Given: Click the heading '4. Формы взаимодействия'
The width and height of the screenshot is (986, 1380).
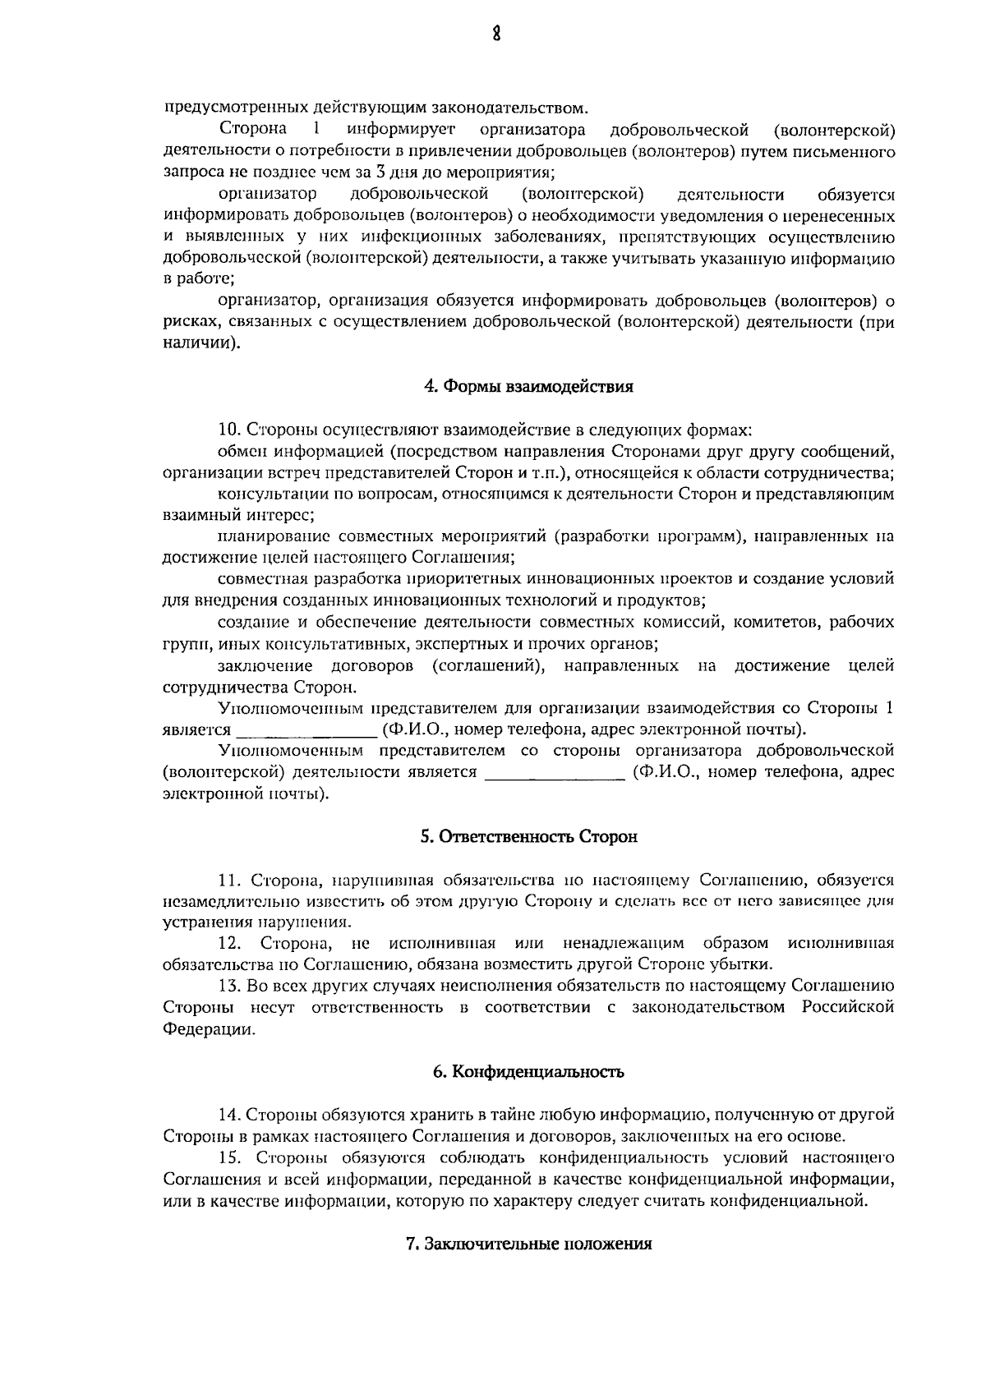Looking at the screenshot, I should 528,386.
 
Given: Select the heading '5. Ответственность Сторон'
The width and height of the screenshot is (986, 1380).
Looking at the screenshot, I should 529,837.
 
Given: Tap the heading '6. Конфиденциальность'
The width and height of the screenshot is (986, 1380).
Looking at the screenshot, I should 529,1072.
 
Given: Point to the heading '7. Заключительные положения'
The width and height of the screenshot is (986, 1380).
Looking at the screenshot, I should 529,1244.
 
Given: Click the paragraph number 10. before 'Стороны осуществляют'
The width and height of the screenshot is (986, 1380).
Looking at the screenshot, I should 229,430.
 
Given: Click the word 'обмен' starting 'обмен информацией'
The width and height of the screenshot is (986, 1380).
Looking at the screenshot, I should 243,451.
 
